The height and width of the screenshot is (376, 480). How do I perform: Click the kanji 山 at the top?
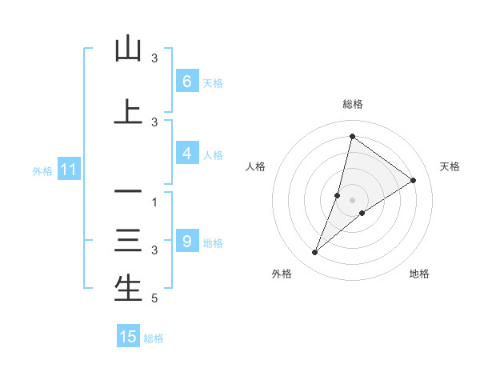tap(128, 49)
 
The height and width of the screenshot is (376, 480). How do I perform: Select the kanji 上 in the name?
tap(128, 112)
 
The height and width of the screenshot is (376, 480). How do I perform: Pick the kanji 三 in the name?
tap(128, 241)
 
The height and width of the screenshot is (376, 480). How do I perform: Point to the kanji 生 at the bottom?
tap(128, 288)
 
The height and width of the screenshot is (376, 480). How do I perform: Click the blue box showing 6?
tap(186, 82)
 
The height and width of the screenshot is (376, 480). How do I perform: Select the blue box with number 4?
tap(186, 154)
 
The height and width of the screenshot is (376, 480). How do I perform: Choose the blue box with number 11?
tap(68, 170)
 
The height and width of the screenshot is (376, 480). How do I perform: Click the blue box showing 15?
tap(128, 337)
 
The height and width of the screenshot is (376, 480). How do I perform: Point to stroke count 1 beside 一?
tap(154, 202)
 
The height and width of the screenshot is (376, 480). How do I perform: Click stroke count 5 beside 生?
tap(154, 298)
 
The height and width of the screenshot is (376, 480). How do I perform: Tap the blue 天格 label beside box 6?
tap(213, 82)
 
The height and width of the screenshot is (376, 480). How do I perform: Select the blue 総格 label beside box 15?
tap(154, 338)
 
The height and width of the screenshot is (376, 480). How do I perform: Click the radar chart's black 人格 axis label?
tap(256, 166)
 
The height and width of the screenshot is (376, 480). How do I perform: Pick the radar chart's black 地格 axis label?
tap(419, 274)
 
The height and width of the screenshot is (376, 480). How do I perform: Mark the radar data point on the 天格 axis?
tap(413, 180)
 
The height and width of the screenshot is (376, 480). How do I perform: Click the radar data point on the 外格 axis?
tap(315, 253)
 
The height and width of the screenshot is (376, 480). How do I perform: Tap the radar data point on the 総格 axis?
tap(352, 136)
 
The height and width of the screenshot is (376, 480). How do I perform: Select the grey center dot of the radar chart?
tap(352, 199)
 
